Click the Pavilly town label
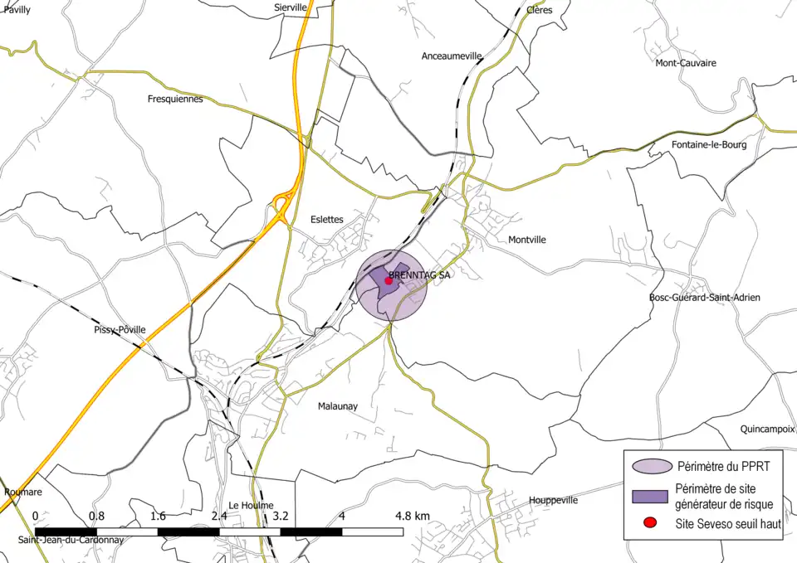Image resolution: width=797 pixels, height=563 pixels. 17,10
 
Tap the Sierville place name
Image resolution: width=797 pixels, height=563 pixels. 291,7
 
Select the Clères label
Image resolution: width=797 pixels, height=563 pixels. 539,10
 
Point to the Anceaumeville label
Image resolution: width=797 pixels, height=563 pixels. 452,56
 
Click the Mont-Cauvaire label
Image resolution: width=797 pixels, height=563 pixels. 686,63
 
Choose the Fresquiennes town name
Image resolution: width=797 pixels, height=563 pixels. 174,99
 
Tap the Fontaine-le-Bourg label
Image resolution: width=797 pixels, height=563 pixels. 708,144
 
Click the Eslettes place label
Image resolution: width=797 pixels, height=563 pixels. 326,220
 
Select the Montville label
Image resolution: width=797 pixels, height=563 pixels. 527,240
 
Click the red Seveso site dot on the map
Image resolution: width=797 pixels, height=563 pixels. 389,281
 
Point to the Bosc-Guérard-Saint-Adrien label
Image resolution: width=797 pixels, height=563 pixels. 705,297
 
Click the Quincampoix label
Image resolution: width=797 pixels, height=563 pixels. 768,430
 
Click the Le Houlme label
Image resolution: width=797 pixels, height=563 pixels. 251,505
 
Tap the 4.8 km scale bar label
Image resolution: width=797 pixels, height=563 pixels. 412,516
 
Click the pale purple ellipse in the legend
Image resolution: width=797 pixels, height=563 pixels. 650,466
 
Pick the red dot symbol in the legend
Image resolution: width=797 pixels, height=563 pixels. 650,522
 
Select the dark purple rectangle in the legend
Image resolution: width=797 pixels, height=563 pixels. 650,495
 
